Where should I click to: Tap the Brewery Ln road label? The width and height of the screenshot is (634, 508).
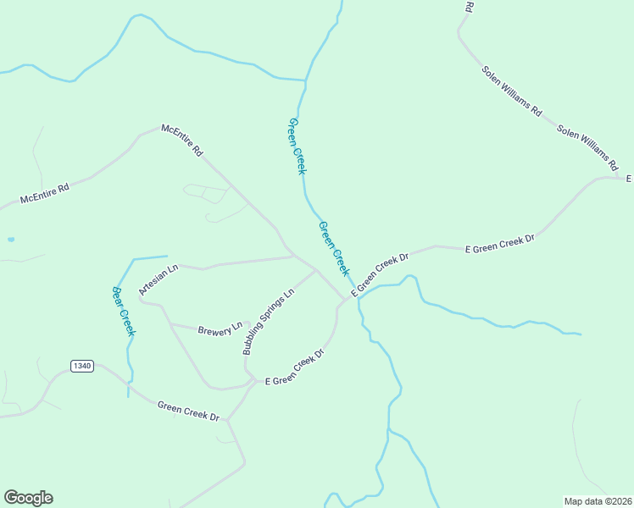(x=220, y=328)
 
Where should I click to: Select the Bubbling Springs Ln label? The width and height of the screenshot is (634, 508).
(x=268, y=321)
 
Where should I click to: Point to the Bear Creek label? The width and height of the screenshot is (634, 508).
(x=124, y=310)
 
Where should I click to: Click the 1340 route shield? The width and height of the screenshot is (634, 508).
(x=81, y=366)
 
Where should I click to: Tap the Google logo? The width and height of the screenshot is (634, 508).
(x=28, y=498)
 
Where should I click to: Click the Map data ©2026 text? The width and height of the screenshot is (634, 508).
(x=598, y=501)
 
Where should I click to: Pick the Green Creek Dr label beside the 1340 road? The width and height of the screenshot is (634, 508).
(x=188, y=411)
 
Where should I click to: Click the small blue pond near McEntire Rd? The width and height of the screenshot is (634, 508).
(x=10, y=240)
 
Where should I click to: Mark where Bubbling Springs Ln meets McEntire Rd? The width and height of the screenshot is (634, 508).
(x=316, y=270)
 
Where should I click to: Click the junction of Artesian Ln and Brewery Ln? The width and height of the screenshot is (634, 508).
(x=170, y=323)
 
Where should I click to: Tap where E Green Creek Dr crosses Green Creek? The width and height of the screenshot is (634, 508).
(x=355, y=292)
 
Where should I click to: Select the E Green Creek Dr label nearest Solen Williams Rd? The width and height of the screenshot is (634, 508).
(x=500, y=244)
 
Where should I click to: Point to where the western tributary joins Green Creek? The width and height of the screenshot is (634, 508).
(x=305, y=81)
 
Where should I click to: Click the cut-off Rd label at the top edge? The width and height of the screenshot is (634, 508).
(x=469, y=7)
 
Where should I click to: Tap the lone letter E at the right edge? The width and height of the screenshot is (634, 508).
(x=629, y=179)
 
